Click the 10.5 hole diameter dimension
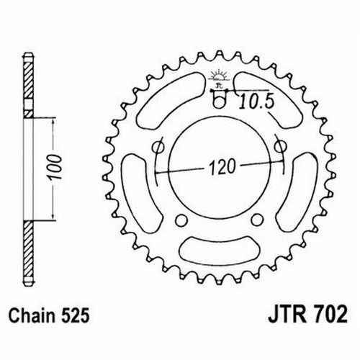click(257, 101)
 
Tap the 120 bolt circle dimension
click(222, 166)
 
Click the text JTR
click(287, 315)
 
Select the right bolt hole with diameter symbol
click(280, 146)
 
